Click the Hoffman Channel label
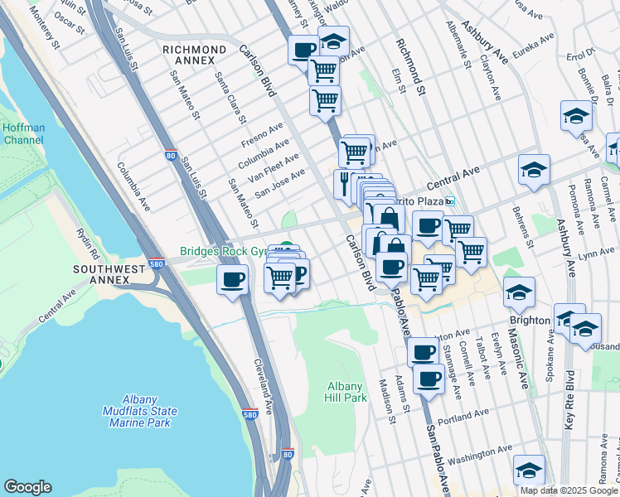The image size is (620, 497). point(24,134)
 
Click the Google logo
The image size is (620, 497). point(27,487)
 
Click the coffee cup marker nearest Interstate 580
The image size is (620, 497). point(231,279)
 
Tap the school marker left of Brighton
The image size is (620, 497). point(519,292)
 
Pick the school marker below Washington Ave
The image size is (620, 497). point(528,470)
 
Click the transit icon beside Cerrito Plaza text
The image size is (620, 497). point(450,202)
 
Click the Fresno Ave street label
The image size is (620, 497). point(263,134)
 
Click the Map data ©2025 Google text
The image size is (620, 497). point(568,490)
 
